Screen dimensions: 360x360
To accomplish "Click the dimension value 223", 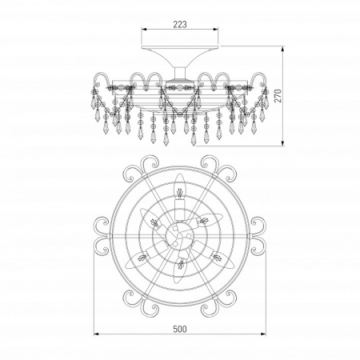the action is click(x=180, y=25).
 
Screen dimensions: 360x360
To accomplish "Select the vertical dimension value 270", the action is click(x=278, y=96).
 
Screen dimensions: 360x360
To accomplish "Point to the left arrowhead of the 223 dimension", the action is click(x=144, y=30).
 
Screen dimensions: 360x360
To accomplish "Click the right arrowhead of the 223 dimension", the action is click(x=215, y=30).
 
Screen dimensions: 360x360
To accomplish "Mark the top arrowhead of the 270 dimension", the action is click(x=283, y=50).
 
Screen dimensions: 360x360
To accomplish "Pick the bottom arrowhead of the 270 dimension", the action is click(x=283, y=142).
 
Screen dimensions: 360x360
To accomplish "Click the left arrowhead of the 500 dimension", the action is click(x=97, y=334).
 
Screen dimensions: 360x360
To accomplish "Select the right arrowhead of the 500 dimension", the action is click(x=262, y=334).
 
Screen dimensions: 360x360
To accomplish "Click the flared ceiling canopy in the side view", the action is click(x=180, y=56).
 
